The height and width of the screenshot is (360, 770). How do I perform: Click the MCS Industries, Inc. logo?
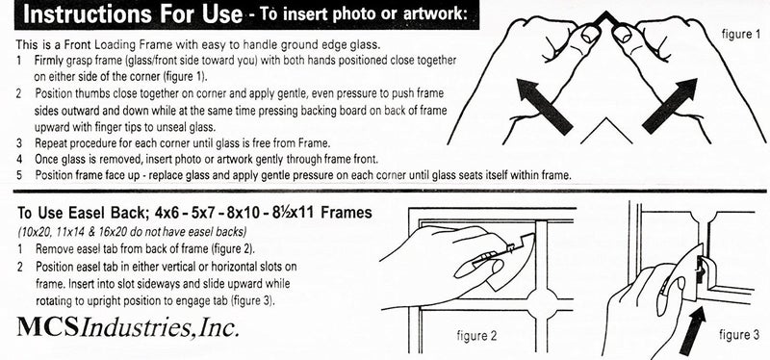[125, 329]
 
